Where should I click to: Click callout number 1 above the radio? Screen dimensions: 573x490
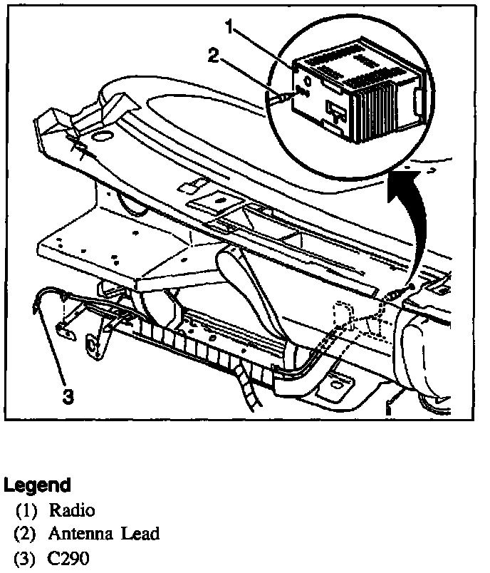(229, 28)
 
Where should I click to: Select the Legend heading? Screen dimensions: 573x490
(37, 486)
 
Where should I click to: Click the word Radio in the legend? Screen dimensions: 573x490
(71, 510)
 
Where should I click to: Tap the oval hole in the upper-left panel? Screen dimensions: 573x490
(103, 135)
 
